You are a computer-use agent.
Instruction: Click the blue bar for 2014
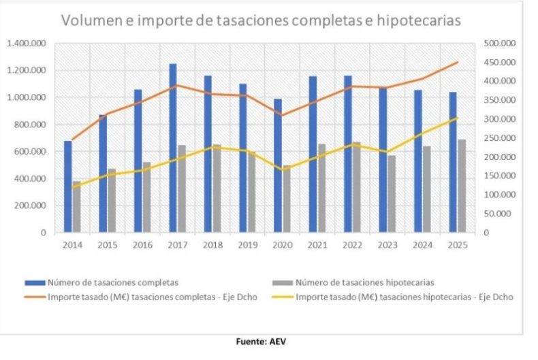tap(68, 186)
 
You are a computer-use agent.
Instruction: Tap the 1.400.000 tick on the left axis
tap(27, 44)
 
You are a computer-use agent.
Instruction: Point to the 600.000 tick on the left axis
tap(29, 152)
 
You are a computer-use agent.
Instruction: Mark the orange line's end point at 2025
tap(457, 63)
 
